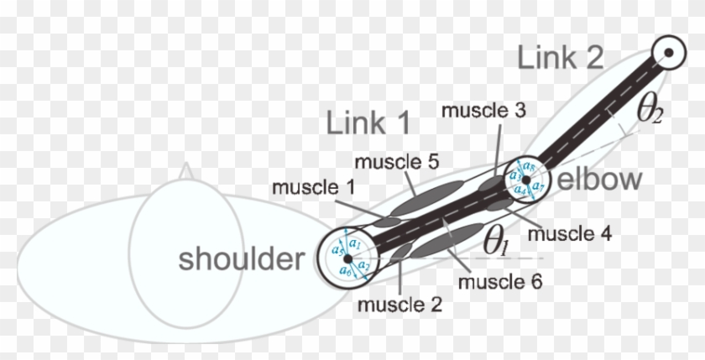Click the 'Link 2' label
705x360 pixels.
[x=560, y=59]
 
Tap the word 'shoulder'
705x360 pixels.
[x=240, y=259]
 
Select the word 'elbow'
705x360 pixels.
[x=600, y=179]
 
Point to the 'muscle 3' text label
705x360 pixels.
[x=483, y=110]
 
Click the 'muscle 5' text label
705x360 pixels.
[x=394, y=160]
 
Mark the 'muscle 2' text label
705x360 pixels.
[x=400, y=303]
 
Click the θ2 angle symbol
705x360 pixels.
[x=650, y=112]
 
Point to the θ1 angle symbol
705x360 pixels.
[x=496, y=241]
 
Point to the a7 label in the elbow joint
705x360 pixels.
[x=539, y=183]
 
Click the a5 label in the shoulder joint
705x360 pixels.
[x=336, y=249]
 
